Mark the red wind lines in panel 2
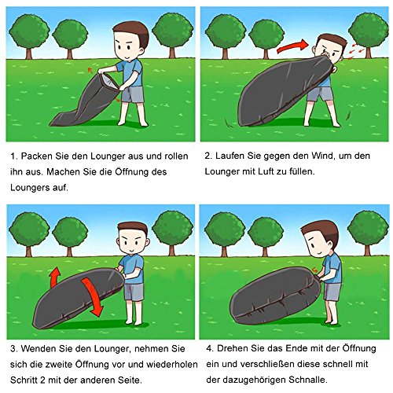click(358, 49)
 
